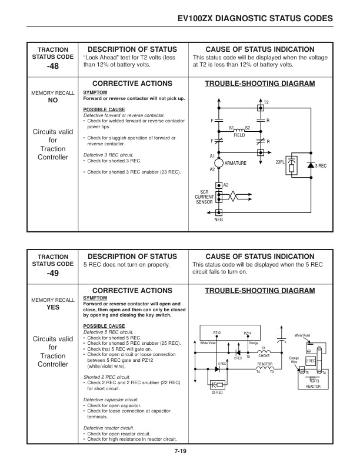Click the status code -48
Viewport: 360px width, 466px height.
(53, 68)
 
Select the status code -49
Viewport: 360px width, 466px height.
(53, 274)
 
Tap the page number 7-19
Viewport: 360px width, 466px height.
(181, 451)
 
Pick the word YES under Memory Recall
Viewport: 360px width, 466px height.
(53, 307)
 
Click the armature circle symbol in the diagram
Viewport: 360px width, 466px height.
(218, 162)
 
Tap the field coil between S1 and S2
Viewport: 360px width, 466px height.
(239, 129)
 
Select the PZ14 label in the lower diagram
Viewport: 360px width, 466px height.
(248, 333)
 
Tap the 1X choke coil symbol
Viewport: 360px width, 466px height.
(263, 352)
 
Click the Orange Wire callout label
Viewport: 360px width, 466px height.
(294, 360)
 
